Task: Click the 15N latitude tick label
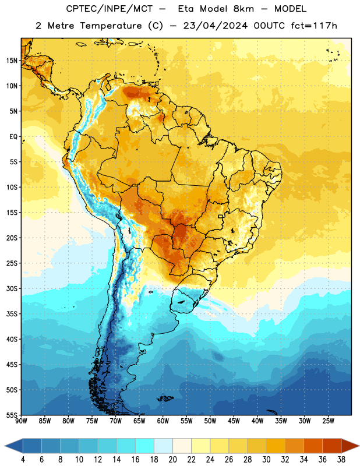click(12, 61)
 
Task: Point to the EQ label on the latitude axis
click(13, 137)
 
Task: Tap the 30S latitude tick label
click(12, 288)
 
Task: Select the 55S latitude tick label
click(12, 415)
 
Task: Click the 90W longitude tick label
click(21, 421)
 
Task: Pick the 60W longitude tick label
click(163, 421)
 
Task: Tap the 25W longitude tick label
click(328, 421)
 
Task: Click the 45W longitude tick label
click(234, 421)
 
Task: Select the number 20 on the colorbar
click(172, 460)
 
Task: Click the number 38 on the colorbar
click(341, 460)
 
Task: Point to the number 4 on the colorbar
click(23, 460)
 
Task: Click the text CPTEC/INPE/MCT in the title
click(109, 9)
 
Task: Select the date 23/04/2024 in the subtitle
click(215, 26)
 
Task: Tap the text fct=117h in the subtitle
click(314, 26)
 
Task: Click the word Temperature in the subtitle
click(111, 26)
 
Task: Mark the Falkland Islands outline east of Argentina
click(165, 398)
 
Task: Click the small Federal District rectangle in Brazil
click(221, 217)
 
